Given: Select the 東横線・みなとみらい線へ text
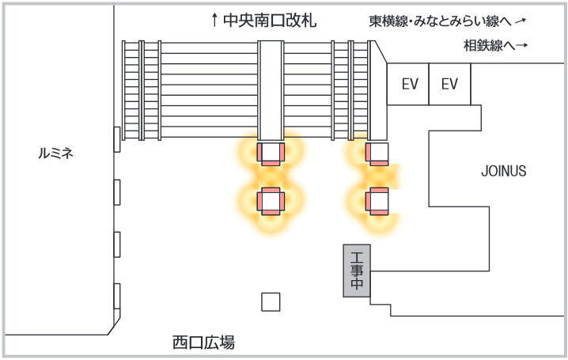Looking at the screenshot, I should click(x=440, y=21).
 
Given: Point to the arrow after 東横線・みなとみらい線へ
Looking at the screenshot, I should click(x=521, y=21).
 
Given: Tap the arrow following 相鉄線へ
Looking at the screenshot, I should click(x=521, y=46).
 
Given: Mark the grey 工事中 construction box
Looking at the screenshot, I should click(x=357, y=271).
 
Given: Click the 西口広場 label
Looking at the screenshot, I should click(x=203, y=343).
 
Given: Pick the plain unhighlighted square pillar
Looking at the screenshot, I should click(x=271, y=301).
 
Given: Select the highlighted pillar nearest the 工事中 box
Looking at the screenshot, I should click(x=377, y=201).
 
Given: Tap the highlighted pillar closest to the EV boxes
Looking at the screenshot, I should click(x=377, y=152).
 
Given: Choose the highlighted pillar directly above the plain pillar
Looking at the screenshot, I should click(x=271, y=201).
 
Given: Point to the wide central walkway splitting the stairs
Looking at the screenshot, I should click(x=271, y=87).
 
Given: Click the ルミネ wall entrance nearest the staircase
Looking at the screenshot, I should click(x=117, y=138).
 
